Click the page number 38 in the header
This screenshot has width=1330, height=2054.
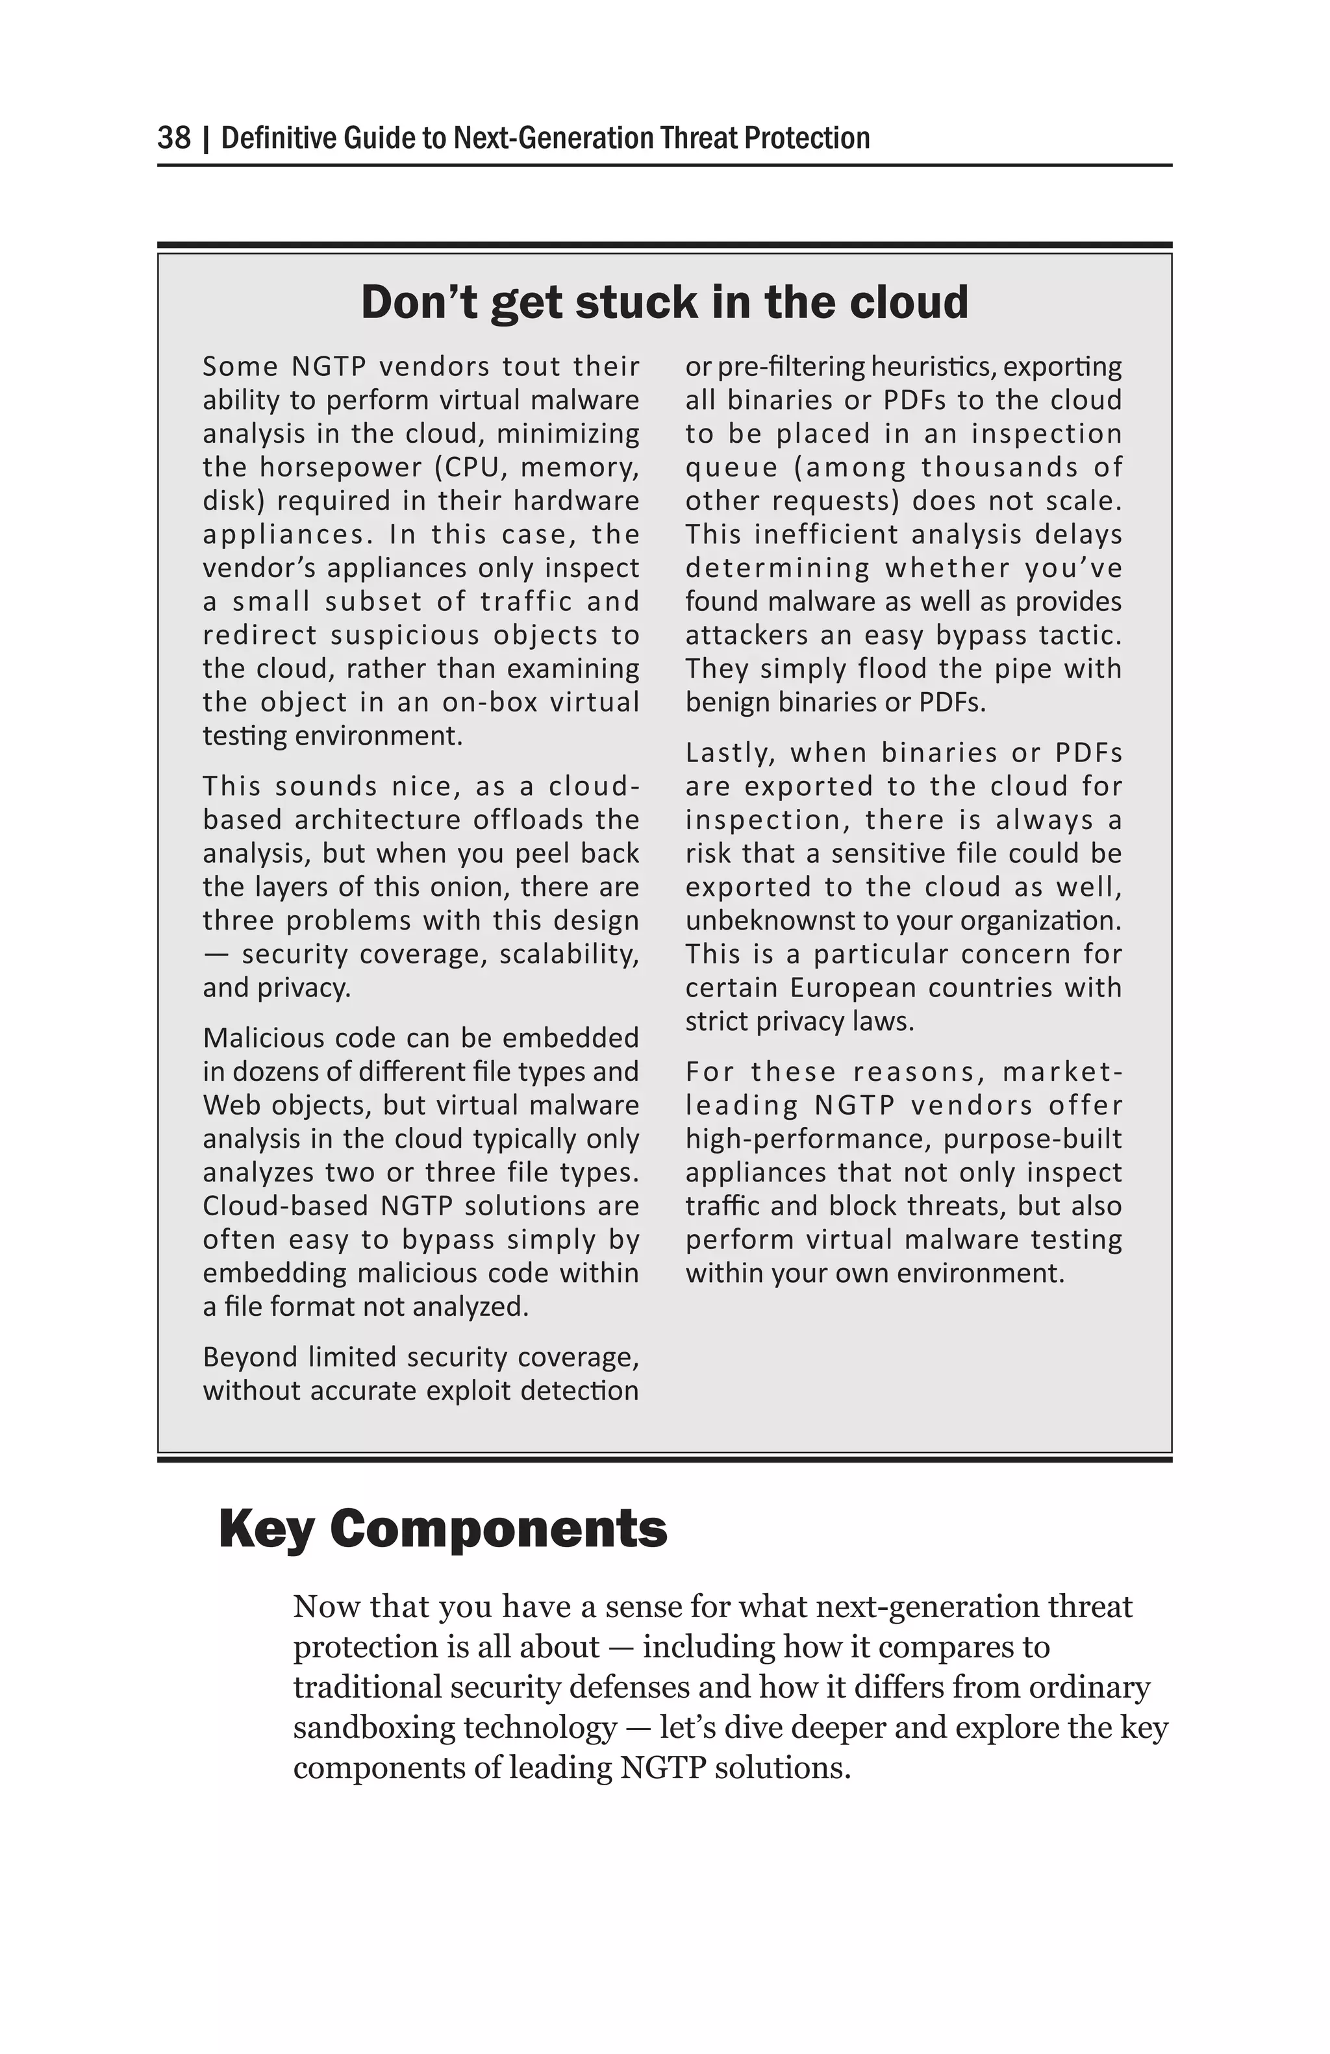[173, 138]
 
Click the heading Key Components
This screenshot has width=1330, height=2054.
[443, 1529]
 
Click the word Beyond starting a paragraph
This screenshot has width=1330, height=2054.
[249, 1357]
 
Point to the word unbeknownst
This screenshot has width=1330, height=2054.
[779, 921]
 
